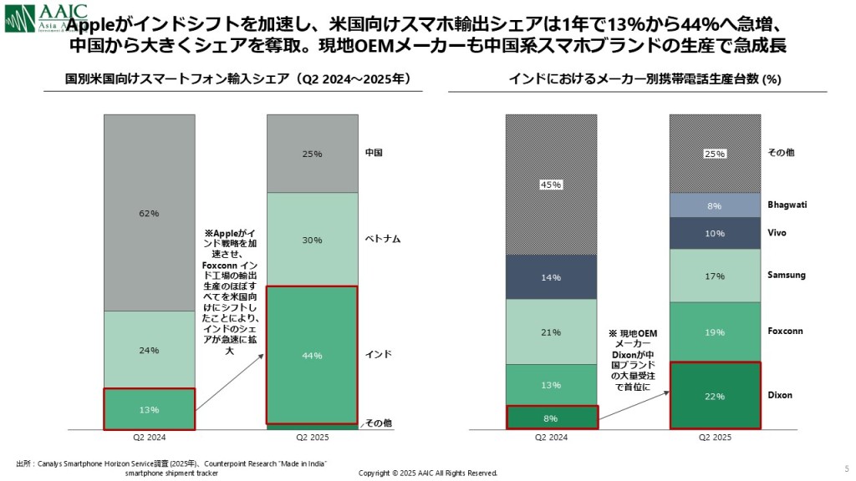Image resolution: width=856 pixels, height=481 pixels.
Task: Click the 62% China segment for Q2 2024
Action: (149, 213)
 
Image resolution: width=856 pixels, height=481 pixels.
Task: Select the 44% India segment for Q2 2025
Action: (312, 355)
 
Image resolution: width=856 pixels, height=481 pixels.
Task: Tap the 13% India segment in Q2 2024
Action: (149, 408)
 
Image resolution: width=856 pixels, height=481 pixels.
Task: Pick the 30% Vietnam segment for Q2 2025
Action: (312, 240)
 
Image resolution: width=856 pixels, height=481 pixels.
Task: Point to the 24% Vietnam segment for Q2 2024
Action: (149, 350)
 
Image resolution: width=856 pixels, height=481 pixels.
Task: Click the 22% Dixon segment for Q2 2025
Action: (715, 395)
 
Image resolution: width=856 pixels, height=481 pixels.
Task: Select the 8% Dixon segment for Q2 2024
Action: (551, 417)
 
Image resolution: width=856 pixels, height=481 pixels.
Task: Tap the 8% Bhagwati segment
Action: (715, 205)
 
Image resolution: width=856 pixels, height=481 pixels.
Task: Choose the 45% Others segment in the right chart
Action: (551, 185)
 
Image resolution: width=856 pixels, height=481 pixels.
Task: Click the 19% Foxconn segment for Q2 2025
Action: (715, 332)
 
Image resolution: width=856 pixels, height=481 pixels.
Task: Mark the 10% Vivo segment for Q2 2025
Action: (715, 233)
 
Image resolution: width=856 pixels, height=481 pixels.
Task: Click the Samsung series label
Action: (786, 275)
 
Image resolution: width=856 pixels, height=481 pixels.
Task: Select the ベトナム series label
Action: (383, 239)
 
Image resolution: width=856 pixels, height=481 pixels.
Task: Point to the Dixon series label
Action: (780, 395)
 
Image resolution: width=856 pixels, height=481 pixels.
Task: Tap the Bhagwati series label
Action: (787, 205)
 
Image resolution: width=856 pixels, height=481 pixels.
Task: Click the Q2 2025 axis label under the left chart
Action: (312, 437)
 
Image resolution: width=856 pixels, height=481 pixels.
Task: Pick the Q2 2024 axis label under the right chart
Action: (551, 437)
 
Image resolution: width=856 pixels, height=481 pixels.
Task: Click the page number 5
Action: (847, 468)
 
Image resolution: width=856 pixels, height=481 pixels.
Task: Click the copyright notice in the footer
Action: (427, 473)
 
